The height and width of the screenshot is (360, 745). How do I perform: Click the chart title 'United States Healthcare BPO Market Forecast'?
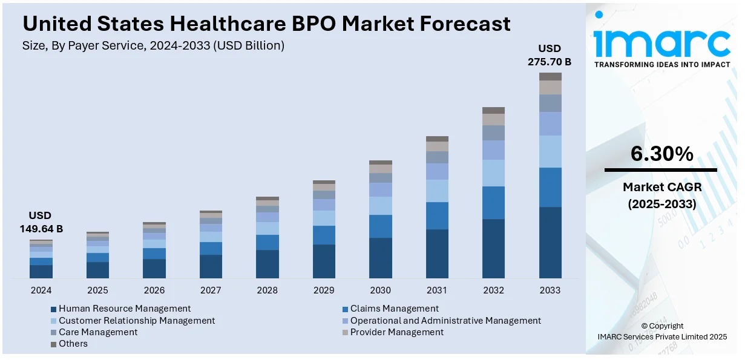pyautogui.click(x=266, y=24)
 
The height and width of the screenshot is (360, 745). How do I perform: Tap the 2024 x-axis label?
pyautogui.click(x=41, y=290)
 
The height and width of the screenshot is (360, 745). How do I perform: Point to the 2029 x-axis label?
pyautogui.click(x=324, y=290)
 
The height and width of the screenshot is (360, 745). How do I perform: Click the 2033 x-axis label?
pyautogui.click(x=550, y=290)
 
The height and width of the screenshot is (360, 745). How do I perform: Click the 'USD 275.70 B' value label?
pyautogui.click(x=550, y=55)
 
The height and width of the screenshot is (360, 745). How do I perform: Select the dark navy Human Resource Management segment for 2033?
pyautogui.click(x=550, y=243)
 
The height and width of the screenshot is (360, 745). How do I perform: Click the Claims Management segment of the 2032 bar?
pyautogui.click(x=493, y=203)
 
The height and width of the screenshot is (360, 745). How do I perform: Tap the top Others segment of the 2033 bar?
pyautogui.click(x=550, y=76)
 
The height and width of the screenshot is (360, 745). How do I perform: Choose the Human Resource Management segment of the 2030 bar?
pyautogui.click(x=380, y=258)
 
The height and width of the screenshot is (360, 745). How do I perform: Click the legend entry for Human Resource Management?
pyautogui.click(x=125, y=309)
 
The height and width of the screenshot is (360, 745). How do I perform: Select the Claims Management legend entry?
pyautogui.click(x=394, y=309)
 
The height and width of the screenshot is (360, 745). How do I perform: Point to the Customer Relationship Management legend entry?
pyautogui.click(x=137, y=320)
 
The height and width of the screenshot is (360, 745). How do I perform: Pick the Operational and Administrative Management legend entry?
pyautogui.click(x=445, y=320)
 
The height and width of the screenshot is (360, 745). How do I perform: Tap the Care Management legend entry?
pyautogui.click(x=98, y=332)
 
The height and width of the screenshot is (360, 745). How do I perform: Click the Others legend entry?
pyautogui.click(x=73, y=343)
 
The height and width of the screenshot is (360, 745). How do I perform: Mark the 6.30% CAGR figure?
pyautogui.click(x=661, y=154)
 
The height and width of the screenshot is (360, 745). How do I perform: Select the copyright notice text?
pyautogui.click(x=661, y=331)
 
